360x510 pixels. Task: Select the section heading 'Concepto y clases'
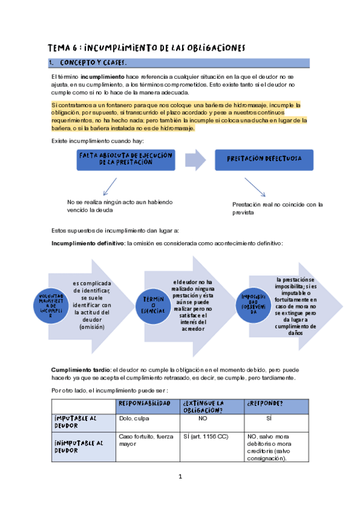(93, 63)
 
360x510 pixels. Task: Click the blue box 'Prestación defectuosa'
(265, 159)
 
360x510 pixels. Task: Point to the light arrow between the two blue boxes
(195, 159)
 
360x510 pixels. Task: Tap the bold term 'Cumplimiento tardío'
(72, 369)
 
